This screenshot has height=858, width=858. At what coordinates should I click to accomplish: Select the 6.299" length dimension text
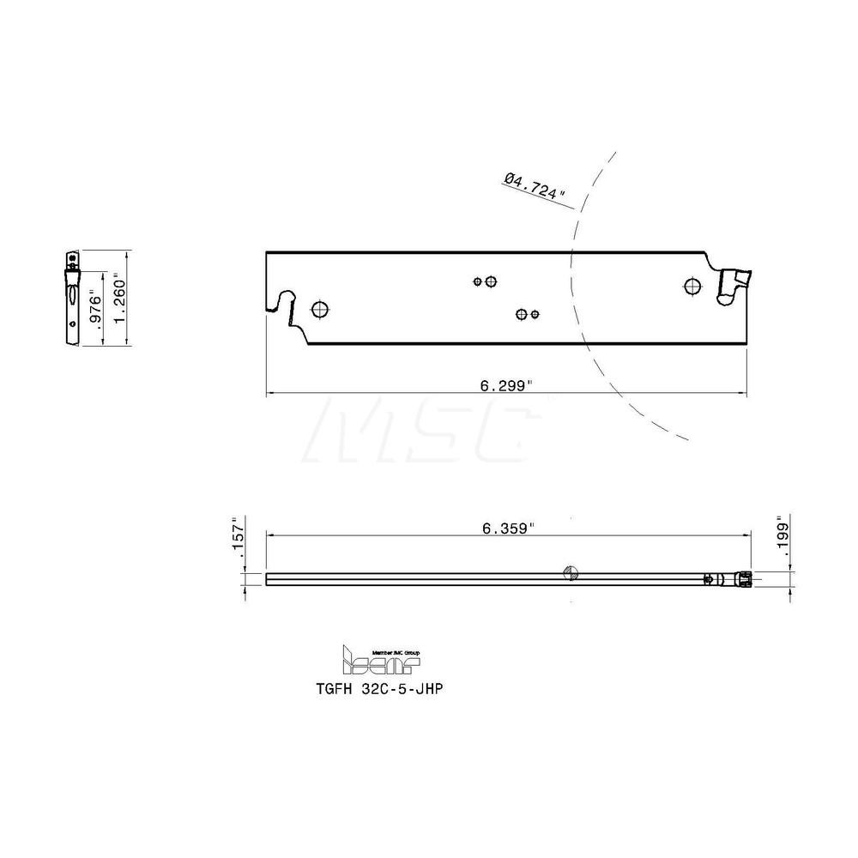506,386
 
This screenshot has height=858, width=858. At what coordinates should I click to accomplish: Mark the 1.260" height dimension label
121,296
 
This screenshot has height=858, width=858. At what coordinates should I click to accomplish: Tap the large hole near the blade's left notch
321,309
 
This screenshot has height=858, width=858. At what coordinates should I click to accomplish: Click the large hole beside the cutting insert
692,287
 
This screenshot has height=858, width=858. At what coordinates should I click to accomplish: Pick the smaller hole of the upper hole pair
478,281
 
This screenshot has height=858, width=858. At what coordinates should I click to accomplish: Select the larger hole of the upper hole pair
491,281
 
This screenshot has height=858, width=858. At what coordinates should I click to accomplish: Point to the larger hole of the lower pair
521,314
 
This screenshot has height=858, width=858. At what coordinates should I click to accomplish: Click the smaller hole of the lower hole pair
534,314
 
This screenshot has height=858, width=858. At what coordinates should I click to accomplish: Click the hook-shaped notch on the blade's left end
281,302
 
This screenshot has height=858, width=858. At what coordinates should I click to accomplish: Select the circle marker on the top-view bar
569,573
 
